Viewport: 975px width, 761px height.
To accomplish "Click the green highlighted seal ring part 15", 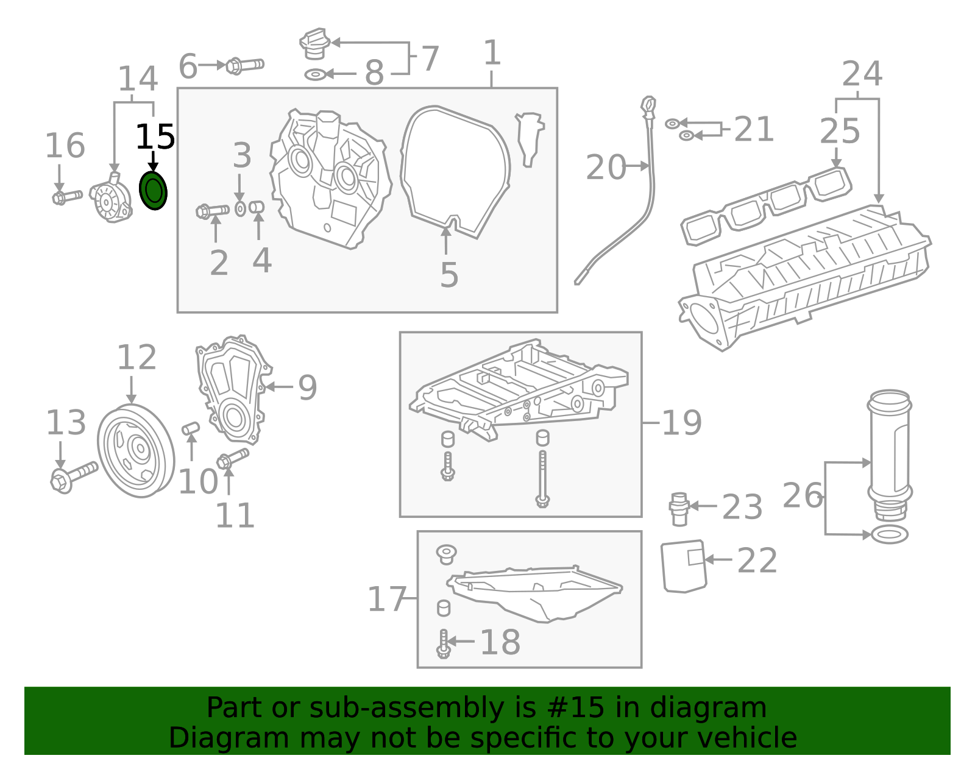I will (x=153, y=191).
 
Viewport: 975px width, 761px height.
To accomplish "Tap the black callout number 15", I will (x=155, y=137).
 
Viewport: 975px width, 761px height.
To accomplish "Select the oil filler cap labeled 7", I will (x=314, y=44).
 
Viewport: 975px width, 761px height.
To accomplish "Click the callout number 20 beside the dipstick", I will (x=605, y=167).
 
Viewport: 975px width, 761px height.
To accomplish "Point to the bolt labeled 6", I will (x=245, y=65).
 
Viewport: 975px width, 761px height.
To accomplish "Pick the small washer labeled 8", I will (x=315, y=74).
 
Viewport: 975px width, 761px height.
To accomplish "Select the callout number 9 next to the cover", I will (x=307, y=388).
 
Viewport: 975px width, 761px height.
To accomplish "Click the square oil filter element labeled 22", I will (x=684, y=566).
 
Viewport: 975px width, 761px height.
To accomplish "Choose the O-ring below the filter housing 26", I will (x=890, y=535).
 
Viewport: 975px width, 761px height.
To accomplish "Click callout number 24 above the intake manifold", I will (x=862, y=74).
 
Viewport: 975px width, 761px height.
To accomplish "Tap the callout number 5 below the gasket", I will (x=448, y=275).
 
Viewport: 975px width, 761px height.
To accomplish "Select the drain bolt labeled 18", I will (x=443, y=643).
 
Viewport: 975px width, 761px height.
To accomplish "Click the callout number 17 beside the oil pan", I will (x=386, y=600).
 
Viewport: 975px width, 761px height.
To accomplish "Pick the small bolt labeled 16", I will (x=67, y=197).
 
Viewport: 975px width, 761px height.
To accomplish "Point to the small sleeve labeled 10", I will (x=191, y=428).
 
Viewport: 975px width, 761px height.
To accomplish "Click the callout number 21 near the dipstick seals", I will (x=753, y=130).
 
